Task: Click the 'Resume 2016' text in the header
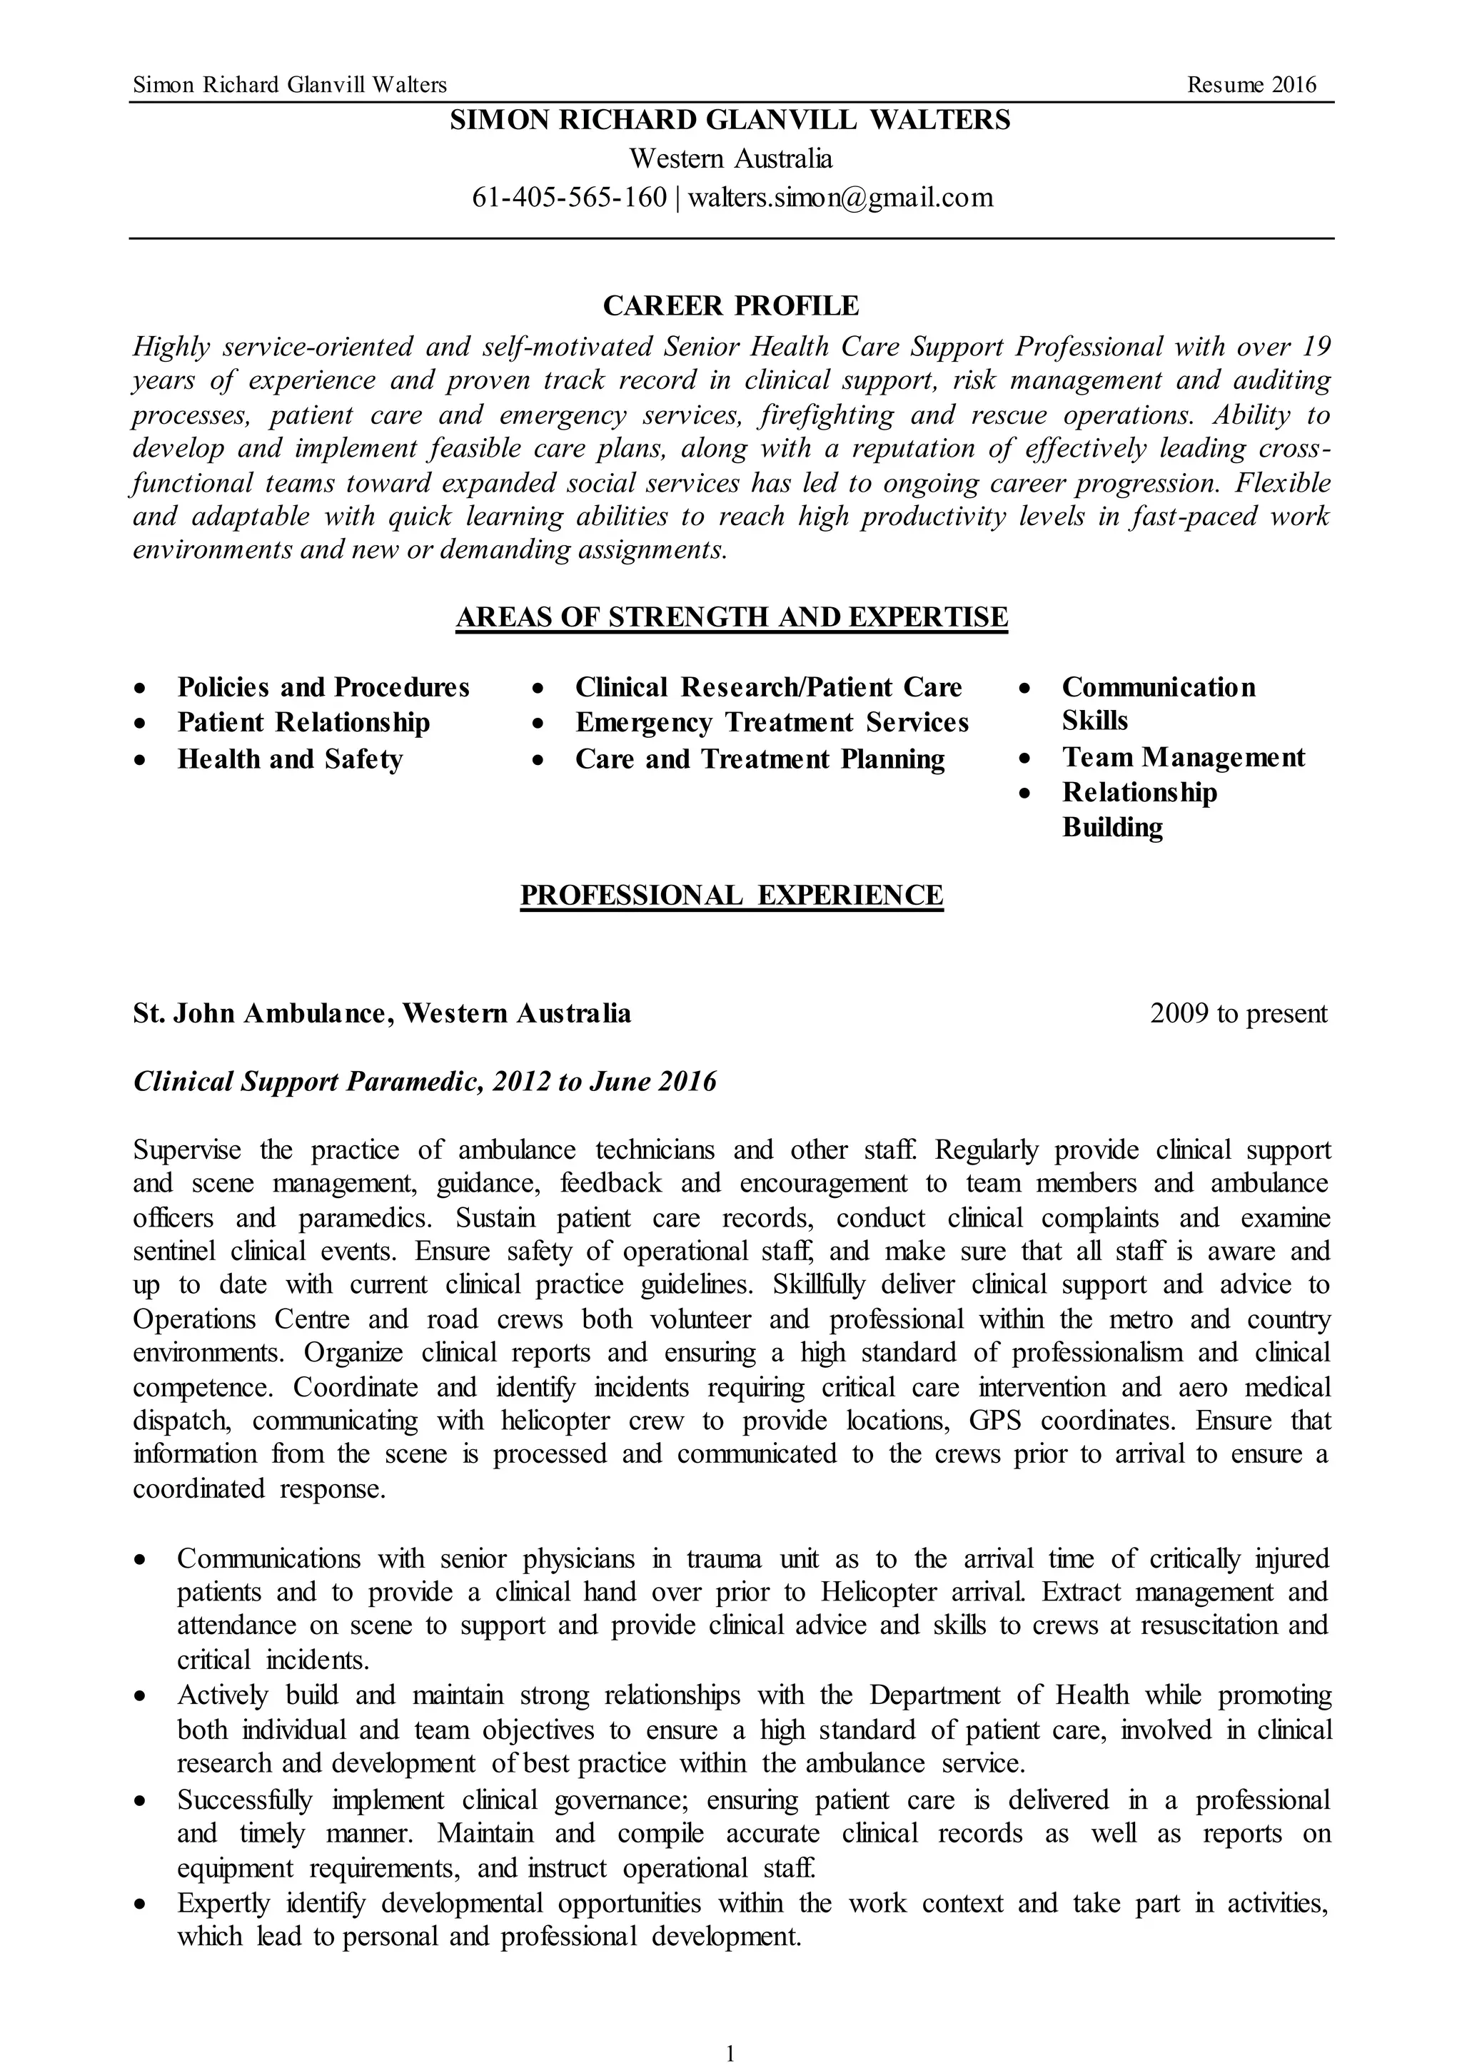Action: [1251, 85]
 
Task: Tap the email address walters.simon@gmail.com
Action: [840, 197]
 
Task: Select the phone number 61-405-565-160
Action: [569, 197]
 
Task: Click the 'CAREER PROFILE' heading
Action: [730, 306]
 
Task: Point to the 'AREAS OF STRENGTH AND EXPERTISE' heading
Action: [731, 617]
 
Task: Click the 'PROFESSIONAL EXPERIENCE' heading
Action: [731, 895]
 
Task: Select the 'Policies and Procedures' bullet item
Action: [323, 687]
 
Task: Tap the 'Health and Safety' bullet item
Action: [289, 759]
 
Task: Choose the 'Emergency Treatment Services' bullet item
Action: [772, 723]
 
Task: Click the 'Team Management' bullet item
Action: [1183, 758]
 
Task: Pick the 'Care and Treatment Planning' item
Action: [760, 759]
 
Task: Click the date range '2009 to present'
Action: [1238, 1014]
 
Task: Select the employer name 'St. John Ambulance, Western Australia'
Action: [382, 1014]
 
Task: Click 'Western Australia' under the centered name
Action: [730, 159]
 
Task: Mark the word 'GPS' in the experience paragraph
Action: [993, 1421]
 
